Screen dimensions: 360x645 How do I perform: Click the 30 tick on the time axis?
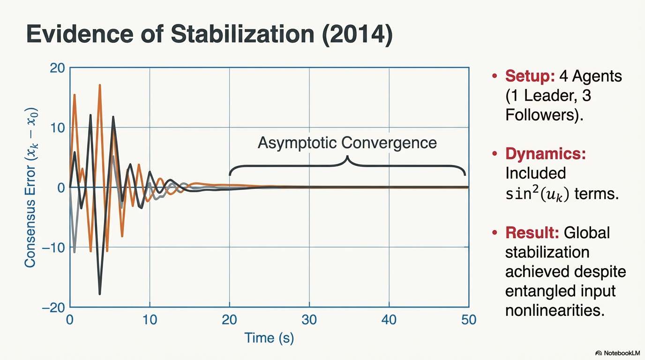coord(309,320)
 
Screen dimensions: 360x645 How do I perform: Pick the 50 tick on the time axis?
coord(468,320)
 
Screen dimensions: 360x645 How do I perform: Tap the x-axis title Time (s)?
coord(269,337)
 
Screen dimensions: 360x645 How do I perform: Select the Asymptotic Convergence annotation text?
coord(347,142)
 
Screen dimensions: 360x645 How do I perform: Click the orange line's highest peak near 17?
coord(100,85)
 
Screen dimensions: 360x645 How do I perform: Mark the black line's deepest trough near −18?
coord(100,294)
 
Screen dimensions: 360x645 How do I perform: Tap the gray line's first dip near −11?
coord(74,252)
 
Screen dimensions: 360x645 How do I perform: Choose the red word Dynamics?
coord(546,154)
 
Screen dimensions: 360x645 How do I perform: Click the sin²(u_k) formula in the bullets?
coord(537,194)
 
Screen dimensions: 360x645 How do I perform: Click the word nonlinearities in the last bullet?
coord(555,310)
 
